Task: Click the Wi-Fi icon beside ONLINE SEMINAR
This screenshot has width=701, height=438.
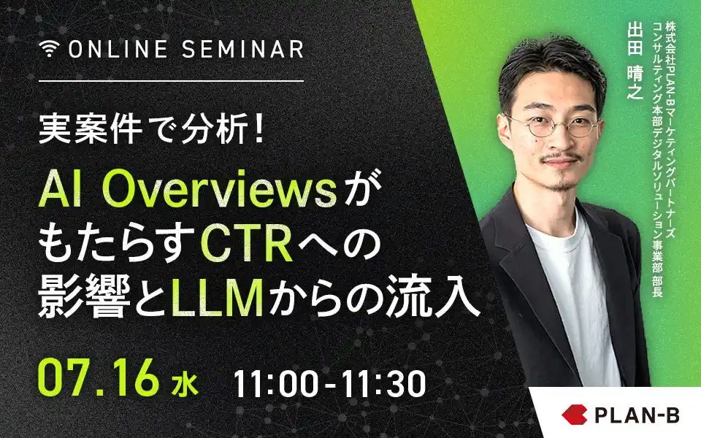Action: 49,49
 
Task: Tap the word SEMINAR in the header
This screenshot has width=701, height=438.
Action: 242,49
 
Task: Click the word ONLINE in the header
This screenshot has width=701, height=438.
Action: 118,49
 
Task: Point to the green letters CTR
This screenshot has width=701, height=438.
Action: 247,245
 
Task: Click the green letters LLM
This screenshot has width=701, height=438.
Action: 218,300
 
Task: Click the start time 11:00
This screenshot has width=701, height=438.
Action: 276,384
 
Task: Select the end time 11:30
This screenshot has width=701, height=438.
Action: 383,384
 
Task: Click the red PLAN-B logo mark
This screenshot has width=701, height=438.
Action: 575,415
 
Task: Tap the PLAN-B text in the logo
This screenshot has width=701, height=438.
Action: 637,415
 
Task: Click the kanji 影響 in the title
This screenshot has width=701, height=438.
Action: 85,300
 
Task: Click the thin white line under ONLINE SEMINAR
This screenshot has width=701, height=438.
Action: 171,81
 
